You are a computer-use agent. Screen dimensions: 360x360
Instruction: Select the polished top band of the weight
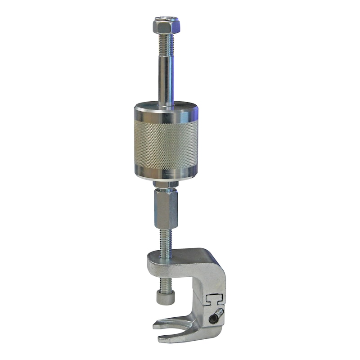pyautogui.click(x=166, y=113)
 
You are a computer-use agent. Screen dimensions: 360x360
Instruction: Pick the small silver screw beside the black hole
pyautogui.click(x=219, y=312)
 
